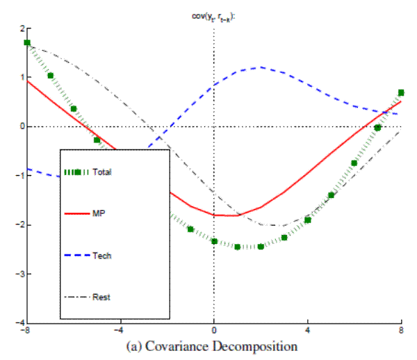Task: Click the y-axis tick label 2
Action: click(x=22, y=28)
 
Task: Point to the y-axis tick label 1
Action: click(x=22, y=77)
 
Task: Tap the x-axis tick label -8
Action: click(x=25, y=332)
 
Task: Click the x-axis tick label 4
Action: click(x=308, y=332)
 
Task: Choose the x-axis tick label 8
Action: click(x=401, y=332)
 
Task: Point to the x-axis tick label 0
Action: click(x=213, y=332)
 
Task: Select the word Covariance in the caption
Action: click(x=188, y=345)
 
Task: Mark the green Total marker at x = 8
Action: click(x=401, y=92)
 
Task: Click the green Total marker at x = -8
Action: click(x=27, y=43)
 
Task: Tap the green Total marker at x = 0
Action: click(x=214, y=241)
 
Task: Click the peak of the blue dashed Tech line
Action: click(x=261, y=67)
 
